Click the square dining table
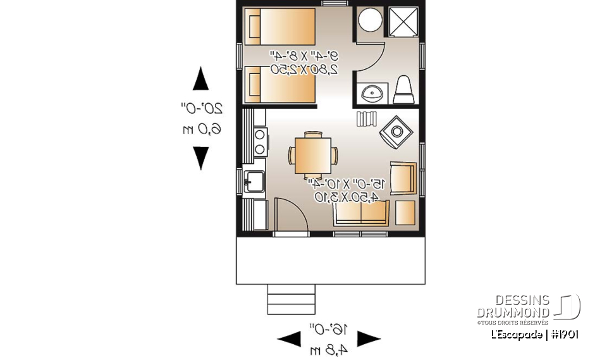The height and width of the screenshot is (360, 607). (313, 155)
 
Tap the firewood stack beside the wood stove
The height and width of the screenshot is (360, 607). (366, 119)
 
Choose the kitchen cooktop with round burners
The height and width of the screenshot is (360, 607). (259, 142)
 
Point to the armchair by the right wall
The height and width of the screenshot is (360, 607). (404, 178)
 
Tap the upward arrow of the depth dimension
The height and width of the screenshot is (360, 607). (200, 79)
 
